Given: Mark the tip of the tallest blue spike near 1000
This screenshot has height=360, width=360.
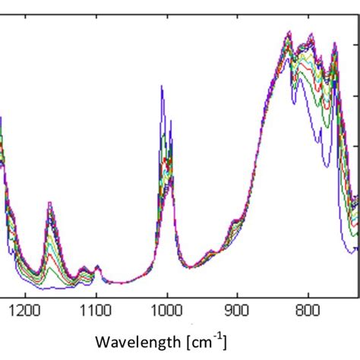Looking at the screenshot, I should pyautogui.click(x=162, y=86).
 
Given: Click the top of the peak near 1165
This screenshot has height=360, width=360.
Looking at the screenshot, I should pyautogui.click(x=50, y=203).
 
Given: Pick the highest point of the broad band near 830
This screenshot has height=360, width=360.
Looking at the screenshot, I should pyautogui.click(x=289, y=32).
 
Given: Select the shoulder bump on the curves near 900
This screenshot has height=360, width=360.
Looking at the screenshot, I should pyautogui.click(x=235, y=222).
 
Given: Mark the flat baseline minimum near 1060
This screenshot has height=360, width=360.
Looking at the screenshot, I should pyautogui.click(x=122, y=283).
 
